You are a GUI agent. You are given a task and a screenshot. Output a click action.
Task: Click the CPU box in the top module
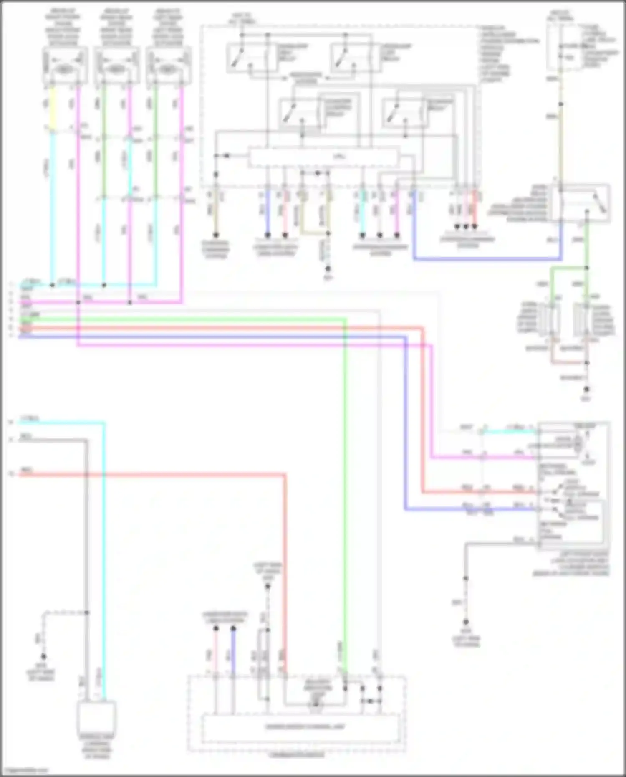click(323, 157)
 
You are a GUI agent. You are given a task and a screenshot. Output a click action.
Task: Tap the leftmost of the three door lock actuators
click(65, 66)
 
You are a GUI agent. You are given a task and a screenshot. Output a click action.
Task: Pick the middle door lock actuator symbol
click(116, 66)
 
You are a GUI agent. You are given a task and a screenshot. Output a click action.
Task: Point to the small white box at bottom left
click(96, 717)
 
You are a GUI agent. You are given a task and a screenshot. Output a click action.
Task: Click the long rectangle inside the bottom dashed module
click(300, 727)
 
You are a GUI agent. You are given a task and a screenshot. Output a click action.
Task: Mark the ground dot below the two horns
click(586, 389)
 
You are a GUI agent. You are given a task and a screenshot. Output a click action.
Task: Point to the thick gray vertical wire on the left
click(86, 543)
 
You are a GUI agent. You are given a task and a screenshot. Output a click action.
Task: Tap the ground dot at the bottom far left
click(43, 657)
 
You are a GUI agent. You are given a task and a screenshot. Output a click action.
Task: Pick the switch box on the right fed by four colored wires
click(572, 484)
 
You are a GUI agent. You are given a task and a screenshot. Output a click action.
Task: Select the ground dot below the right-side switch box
click(466, 622)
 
